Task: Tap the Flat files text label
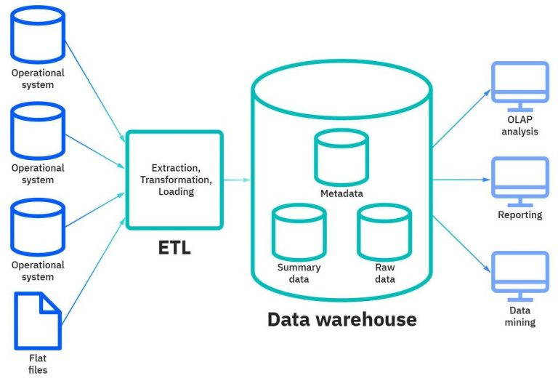tap(38, 364)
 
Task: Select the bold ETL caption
tap(174, 248)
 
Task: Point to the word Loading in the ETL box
tap(176, 191)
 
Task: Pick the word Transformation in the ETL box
tap(176, 179)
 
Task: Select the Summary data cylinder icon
tap(299, 231)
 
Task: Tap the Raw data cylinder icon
tap(384, 231)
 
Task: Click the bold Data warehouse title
tap(341, 319)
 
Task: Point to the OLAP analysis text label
tap(519, 126)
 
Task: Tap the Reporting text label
tap(519, 215)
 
